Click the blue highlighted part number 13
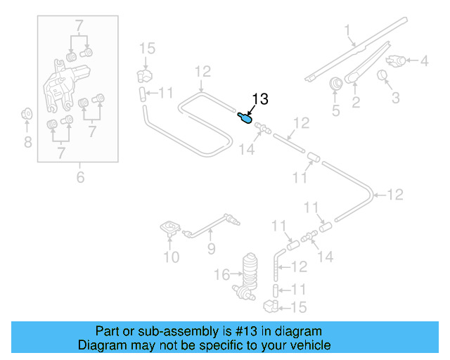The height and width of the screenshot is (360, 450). click(x=245, y=117)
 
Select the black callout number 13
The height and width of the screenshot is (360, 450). click(x=259, y=100)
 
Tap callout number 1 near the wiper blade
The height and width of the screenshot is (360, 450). click(x=347, y=30)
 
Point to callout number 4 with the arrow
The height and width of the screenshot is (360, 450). click(x=424, y=61)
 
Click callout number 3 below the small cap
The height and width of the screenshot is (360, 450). click(x=395, y=97)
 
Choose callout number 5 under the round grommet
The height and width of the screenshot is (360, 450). click(x=335, y=110)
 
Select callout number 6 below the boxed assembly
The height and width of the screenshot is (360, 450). click(x=80, y=178)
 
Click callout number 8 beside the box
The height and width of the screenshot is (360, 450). click(x=27, y=143)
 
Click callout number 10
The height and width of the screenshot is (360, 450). click(x=172, y=257)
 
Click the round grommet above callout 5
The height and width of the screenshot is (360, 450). click(x=336, y=83)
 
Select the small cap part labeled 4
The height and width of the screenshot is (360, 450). click(x=397, y=61)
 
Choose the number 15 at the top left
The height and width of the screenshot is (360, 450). click(x=146, y=49)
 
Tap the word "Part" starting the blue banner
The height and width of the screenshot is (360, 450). click(x=108, y=331)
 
